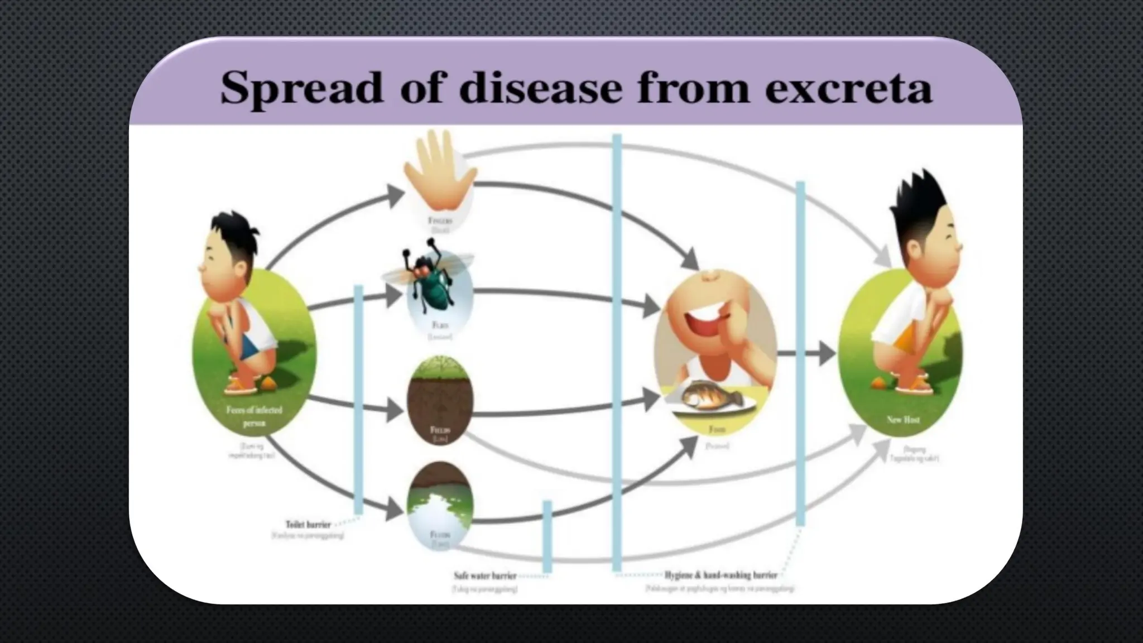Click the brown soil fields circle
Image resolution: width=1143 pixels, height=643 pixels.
(x=441, y=399)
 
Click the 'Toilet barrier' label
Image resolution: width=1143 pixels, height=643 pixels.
(x=308, y=525)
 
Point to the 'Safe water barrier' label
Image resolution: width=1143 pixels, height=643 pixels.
(x=484, y=575)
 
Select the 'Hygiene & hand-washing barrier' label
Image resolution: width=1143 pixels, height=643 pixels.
(x=721, y=575)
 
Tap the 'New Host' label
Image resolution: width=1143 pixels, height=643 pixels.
(x=903, y=419)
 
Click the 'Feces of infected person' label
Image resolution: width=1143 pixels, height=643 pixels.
(x=254, y=416)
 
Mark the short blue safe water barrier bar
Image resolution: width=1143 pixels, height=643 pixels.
(x=548, y=536)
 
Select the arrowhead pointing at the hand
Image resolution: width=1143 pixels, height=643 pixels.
(x=396, y=195)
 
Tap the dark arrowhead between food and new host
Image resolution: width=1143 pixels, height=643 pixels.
(x=827, y=353)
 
